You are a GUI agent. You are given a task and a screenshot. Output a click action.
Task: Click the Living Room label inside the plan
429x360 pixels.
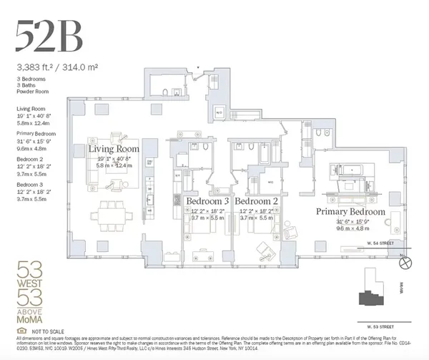114,149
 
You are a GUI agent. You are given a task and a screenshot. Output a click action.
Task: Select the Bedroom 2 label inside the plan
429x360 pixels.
266,201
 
